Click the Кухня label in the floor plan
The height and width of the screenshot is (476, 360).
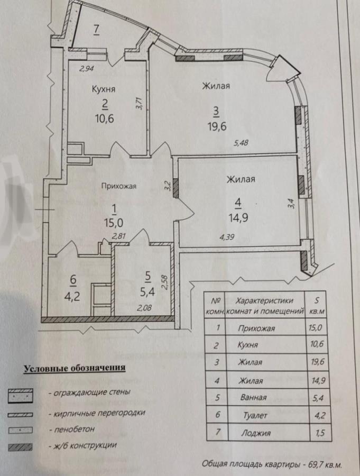(104, 89)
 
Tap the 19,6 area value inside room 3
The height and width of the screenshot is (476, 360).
(217, 126)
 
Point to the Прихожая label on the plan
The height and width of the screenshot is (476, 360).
(119, 186)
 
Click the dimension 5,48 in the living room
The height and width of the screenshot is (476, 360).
(241, 142)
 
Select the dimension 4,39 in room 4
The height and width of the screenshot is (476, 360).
(227, 237)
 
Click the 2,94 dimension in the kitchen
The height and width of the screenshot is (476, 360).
(87, 69)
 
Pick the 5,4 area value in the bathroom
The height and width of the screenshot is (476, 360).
(147, 292)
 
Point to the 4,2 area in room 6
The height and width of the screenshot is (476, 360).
(72, 295)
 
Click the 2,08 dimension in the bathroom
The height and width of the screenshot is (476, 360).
(144, 308)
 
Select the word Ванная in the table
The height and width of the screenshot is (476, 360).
(253, 397)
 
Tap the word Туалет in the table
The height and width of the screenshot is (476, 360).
(255, 415)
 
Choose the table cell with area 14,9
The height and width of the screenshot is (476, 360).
(318, 380)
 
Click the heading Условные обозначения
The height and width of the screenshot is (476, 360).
(75, 368)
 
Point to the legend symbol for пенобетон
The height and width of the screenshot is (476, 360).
(20, 430)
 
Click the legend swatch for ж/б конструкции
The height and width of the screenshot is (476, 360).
(20, 446)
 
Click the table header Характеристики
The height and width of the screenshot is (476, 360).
(264, 301)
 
